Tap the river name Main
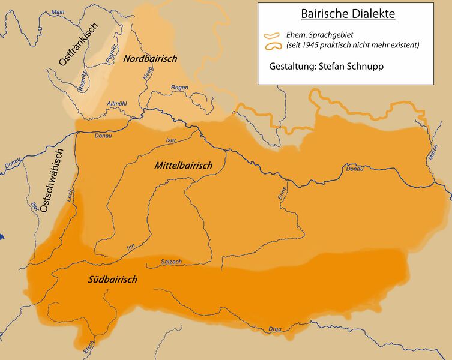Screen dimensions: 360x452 [x=58, y=11]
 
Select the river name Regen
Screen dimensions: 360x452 [x=179, y=88]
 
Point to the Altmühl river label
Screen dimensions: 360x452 [x=116, y=104]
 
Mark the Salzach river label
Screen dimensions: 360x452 [x=171, y=262]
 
